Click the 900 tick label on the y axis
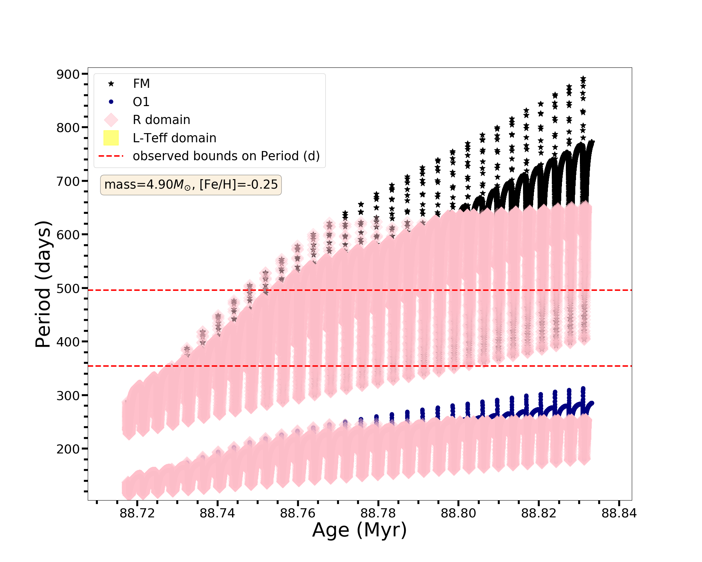tap(68, 74)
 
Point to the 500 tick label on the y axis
tap(68, 288)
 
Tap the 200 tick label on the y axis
tap(68, 449)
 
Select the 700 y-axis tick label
tap(68, 181)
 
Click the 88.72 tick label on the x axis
tap(137, 514)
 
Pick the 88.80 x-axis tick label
tap(458, 514)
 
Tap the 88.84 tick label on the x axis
tap(619, 514)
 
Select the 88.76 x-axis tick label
tap(298, 514)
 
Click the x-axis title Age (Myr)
tap(359, 530)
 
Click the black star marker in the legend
tap(111, 84)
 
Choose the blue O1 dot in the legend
tap(111, 102)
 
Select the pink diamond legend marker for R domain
tap(111, 120)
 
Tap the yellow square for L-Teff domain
tap(111, 138)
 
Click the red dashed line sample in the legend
tap(111, 156)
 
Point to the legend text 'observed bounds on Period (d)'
tap(226, 156)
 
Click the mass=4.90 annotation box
tap(191, 185)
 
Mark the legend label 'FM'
tap(141, 84)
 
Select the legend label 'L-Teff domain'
tap(174, 138)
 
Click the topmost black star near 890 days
tap(583, 79)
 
